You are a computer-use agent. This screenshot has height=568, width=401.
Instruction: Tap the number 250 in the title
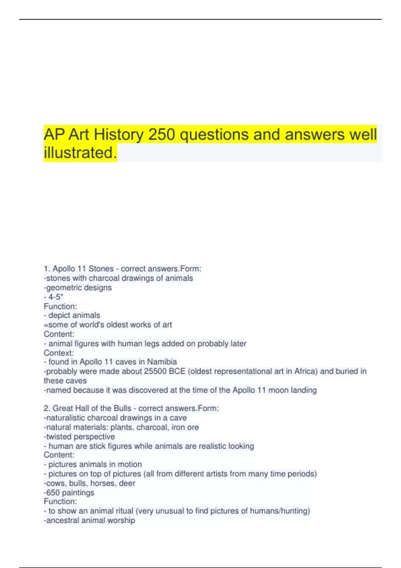click(x=162, y=135)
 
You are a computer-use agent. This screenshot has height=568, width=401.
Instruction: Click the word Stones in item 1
click(x=101, y=269)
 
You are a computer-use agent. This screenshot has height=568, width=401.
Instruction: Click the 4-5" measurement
click(x=56, y=297)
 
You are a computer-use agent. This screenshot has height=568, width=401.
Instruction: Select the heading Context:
click(x=59, y=353)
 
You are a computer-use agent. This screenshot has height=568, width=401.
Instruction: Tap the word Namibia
click(x=162, y=362)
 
